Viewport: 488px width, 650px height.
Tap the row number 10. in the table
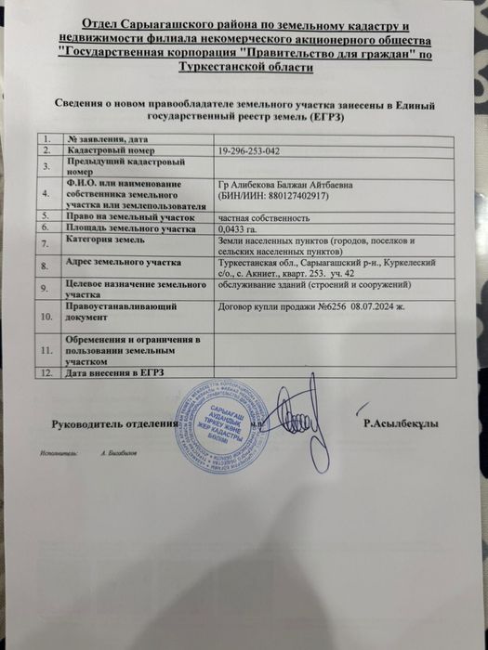click(45, 317)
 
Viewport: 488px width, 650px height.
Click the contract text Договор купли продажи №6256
click(280, 304)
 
